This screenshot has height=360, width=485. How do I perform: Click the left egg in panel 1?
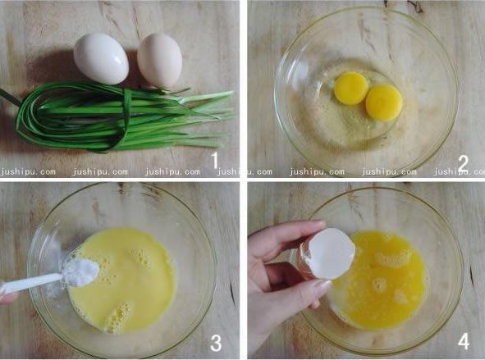[x=101, y=58]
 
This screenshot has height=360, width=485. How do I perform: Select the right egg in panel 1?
[x=159, y=60]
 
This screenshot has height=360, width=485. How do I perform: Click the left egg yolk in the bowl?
[x=351, y=88]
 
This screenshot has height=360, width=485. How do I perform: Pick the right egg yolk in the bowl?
[x=384, y=103]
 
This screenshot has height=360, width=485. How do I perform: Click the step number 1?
[x=215, y=161]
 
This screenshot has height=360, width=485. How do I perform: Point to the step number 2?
[x=463, y=163]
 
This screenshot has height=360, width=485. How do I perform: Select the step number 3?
[x=216, y=344]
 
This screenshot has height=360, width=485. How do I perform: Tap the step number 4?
[x=464, y=342]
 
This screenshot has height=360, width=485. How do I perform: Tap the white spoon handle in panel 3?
[x=31, y=283]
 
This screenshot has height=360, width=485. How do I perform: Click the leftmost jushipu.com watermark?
[x=28, y=172]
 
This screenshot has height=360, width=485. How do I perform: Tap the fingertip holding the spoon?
[x=7, y=298]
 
